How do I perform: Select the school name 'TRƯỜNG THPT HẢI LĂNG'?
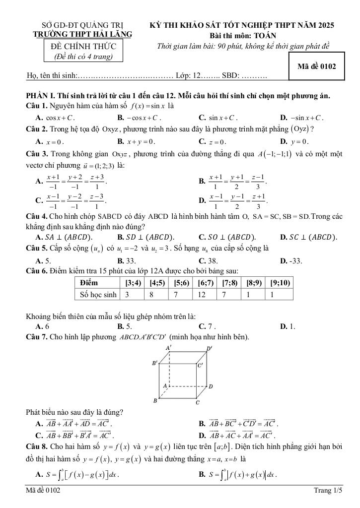pos(82,34)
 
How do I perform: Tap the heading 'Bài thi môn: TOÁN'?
pos(243,35)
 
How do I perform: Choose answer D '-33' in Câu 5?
pos(294,260)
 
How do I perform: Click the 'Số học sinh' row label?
pos(98,295)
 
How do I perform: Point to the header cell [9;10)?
pos(280,283)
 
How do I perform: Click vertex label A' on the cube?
pos(168,348)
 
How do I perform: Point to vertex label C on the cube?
pos(198,403)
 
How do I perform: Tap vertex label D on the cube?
pos(211,386)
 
